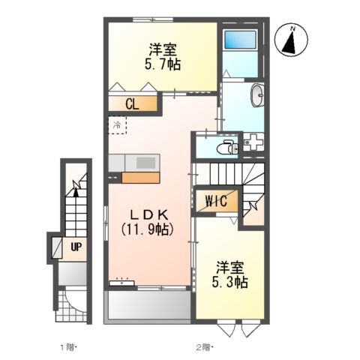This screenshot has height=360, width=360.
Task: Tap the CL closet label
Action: click(x=132, y=104)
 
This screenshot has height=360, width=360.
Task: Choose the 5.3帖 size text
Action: click(x=229, y=283)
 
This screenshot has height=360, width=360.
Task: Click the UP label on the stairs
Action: click(x=76, y=246)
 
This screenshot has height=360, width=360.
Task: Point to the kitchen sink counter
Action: click(x=133, y=163)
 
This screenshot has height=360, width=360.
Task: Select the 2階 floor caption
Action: click(x=205, y=346)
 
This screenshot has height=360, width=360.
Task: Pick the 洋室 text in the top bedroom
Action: click(x=161, y=50)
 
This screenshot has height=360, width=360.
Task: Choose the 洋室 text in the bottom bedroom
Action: click(x=230, y=268)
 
